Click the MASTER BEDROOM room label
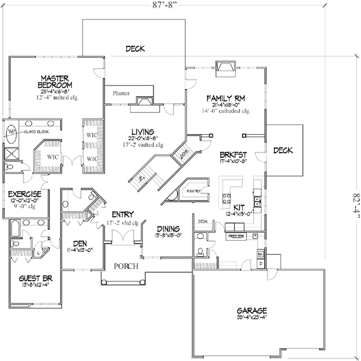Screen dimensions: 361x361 (57, 82)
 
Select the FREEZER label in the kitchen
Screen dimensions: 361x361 (235, 238)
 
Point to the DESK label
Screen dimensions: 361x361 (203, 221)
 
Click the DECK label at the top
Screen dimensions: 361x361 (135, 49)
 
